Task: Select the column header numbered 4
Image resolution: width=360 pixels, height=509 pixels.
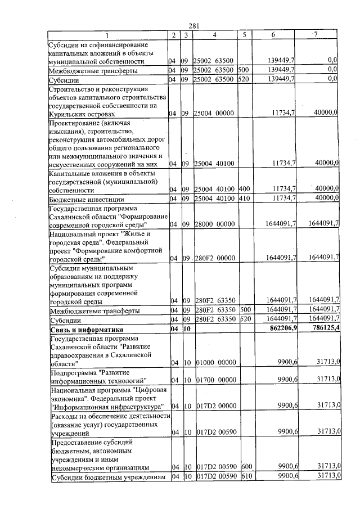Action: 215,35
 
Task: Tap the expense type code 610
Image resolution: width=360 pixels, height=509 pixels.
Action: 245,477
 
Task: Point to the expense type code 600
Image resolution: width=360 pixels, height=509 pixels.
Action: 245,467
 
